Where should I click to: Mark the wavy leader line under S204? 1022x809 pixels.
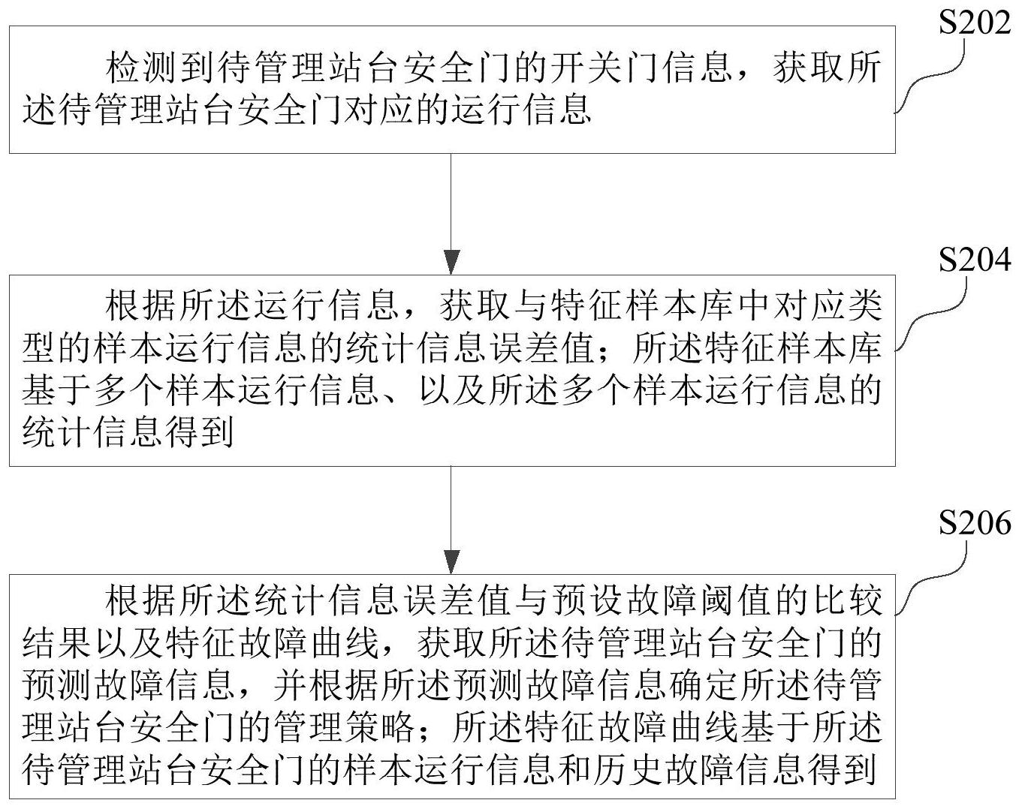click(931, 319)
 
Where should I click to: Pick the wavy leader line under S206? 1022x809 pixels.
click(931, 579)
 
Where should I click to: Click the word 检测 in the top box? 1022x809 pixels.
click(142, 68)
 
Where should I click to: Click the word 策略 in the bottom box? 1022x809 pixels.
click(378, 727)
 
